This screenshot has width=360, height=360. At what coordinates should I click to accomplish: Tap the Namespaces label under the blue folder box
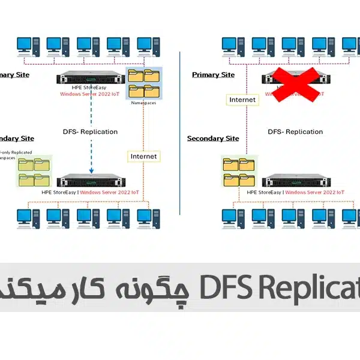point(143,103)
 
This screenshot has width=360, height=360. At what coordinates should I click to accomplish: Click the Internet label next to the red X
point(241,100)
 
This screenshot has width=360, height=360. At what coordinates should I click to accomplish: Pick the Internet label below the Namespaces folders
point(143,156)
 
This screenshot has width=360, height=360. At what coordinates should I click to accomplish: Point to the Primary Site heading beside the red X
point(213,75)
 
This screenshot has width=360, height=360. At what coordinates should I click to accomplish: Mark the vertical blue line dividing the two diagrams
point(180,132)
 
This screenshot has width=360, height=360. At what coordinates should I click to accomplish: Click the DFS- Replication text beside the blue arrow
point(90,132)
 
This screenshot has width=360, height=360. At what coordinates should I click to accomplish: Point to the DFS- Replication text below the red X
point(295,132)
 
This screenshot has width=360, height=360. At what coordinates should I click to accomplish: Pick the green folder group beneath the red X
point(238,171)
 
